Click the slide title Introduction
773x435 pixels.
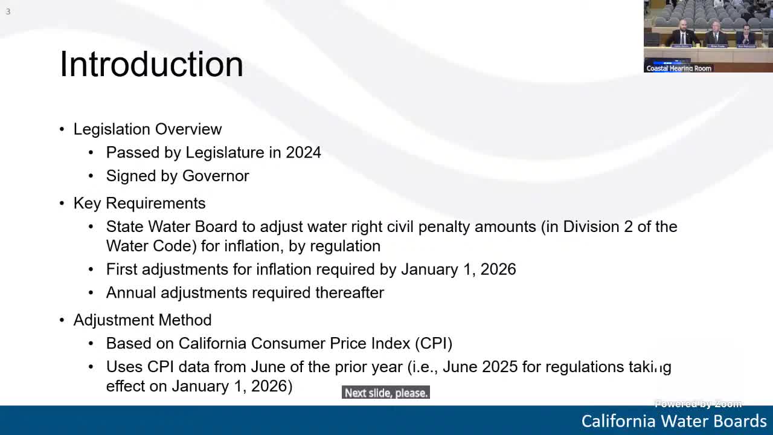[x=152, y=64]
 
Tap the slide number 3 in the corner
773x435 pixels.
[x=8, y=11]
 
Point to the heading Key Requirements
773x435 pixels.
[x=140, y=203]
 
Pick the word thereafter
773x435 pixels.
[x=350, y=292]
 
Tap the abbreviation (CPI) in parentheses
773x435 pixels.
[x=434, y=343]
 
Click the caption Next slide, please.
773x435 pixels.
[x=386, y=393]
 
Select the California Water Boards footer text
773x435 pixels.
[x=674, y=420]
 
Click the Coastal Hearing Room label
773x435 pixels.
[x=679, y=68]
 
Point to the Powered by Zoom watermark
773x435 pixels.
[x=698, y=404]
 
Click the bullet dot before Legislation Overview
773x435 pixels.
[x=62, y=129]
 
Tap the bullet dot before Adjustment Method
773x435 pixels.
[x=62, y=320]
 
